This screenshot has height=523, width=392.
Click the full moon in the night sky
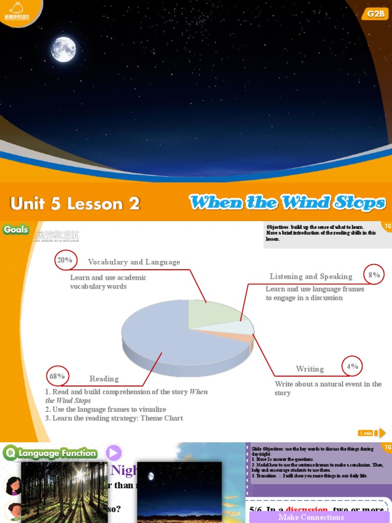click(x=63, y=50)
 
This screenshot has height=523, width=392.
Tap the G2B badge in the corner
click(x=377, y=14)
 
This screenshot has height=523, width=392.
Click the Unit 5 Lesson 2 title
click(x=75, y=204)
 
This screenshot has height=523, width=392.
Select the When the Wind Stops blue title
click(x=287, y=203)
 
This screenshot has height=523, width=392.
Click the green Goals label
click(x=16, y=229)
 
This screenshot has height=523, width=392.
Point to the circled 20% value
click(x=65, y=260)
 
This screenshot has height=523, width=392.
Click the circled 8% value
click(x=374, y=275)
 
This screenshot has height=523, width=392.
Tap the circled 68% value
click(x=57, y=376)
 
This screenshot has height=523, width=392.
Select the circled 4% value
click(x=352, y=366)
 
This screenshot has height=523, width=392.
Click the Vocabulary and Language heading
click(x=134, y=262)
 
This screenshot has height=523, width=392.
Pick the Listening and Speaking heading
click(x=311, y=276)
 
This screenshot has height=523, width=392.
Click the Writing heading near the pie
click(x=310, y=369)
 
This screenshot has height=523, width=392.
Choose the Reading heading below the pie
click(x=104, y=378)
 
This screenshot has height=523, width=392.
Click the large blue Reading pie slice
click(x=163, y=337)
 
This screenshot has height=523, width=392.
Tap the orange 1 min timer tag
click(x=366, y=433)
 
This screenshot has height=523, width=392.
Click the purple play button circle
click(x=114, y=453)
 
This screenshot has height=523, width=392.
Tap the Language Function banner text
click(x=57, y=453)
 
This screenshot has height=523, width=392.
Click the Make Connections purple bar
click(x=311, y=517)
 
